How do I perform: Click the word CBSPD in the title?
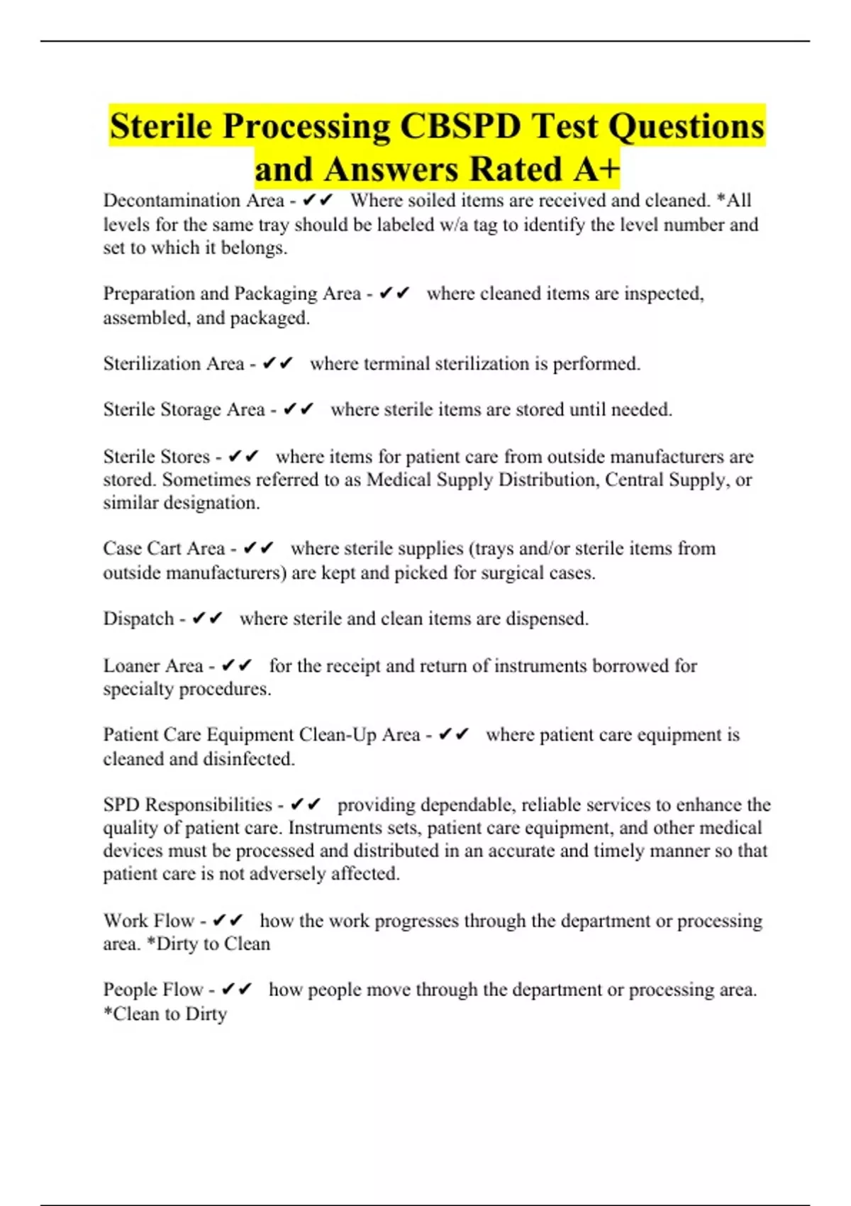[x=460, y=126]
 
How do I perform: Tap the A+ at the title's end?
[x=597, y=169]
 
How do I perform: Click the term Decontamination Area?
[x=194, y=201]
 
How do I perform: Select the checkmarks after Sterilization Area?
[x=277, y=363]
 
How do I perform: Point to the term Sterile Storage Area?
[x=184, y=409]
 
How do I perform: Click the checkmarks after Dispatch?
[x=207, y=619]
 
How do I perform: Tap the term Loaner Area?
[x=153, y=665]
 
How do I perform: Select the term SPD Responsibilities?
[x=187, y=804]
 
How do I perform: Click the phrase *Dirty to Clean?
[x=208, y=944]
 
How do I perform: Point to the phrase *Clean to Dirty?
[x=165, y=1014]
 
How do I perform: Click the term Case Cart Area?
[x=164, y=548]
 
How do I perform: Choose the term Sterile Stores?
[x=157, y=456]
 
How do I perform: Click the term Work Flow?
[x=149, y=921]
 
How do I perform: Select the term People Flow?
[x=153, y=990]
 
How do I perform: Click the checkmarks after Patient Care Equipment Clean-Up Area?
[x=454, y=735]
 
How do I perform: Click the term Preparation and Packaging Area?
[x=232, y=294]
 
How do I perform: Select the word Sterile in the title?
[x=161, y=126]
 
